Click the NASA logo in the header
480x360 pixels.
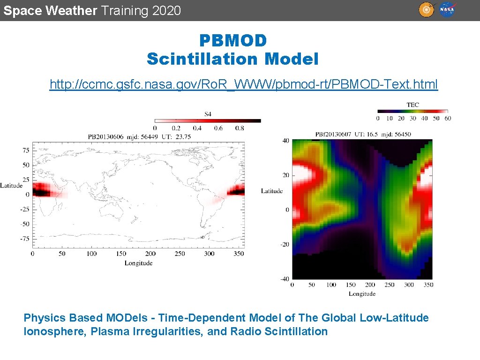coord(447,10)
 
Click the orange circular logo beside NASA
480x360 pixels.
coord(426,10)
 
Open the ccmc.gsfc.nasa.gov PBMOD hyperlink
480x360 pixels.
coord(244,84)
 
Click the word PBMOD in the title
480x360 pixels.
coord(233,41)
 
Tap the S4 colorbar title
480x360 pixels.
coord(208,113)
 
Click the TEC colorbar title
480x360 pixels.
coord(413,105)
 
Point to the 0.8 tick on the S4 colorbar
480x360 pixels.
coord(239,128)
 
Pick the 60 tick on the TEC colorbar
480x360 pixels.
coord(448,119)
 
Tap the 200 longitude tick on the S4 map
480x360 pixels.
coord(151,254)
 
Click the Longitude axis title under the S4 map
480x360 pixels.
coord(138,263)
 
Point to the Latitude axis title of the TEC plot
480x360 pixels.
coord(272,191)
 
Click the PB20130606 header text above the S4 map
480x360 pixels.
coord(106,136)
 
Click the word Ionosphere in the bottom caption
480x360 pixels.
coord(48,331)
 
